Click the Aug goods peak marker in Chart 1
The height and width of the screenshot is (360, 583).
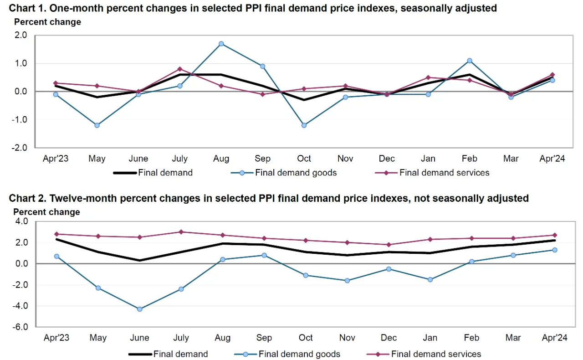221,44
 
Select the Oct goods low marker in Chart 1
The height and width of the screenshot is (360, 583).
304,125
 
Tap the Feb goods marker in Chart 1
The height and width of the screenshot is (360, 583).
470,61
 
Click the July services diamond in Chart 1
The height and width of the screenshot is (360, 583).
180,69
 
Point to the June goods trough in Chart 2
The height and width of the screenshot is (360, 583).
140,309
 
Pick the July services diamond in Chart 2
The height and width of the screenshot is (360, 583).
181,232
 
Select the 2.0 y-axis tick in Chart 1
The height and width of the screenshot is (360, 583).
21,35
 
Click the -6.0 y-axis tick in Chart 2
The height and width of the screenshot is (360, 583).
21,327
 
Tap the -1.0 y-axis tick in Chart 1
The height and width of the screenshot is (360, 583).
21,120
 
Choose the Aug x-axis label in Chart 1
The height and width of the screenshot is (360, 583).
221,159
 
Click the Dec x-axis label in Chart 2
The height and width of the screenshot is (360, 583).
389,338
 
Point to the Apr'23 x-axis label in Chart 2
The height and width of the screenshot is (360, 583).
56,338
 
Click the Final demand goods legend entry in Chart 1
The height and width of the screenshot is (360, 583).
296,173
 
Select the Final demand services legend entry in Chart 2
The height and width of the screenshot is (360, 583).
436,354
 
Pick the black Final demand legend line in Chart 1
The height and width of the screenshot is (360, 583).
124,173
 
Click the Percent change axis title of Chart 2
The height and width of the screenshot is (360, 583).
46,212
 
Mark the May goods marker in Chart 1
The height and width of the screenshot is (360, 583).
97,125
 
